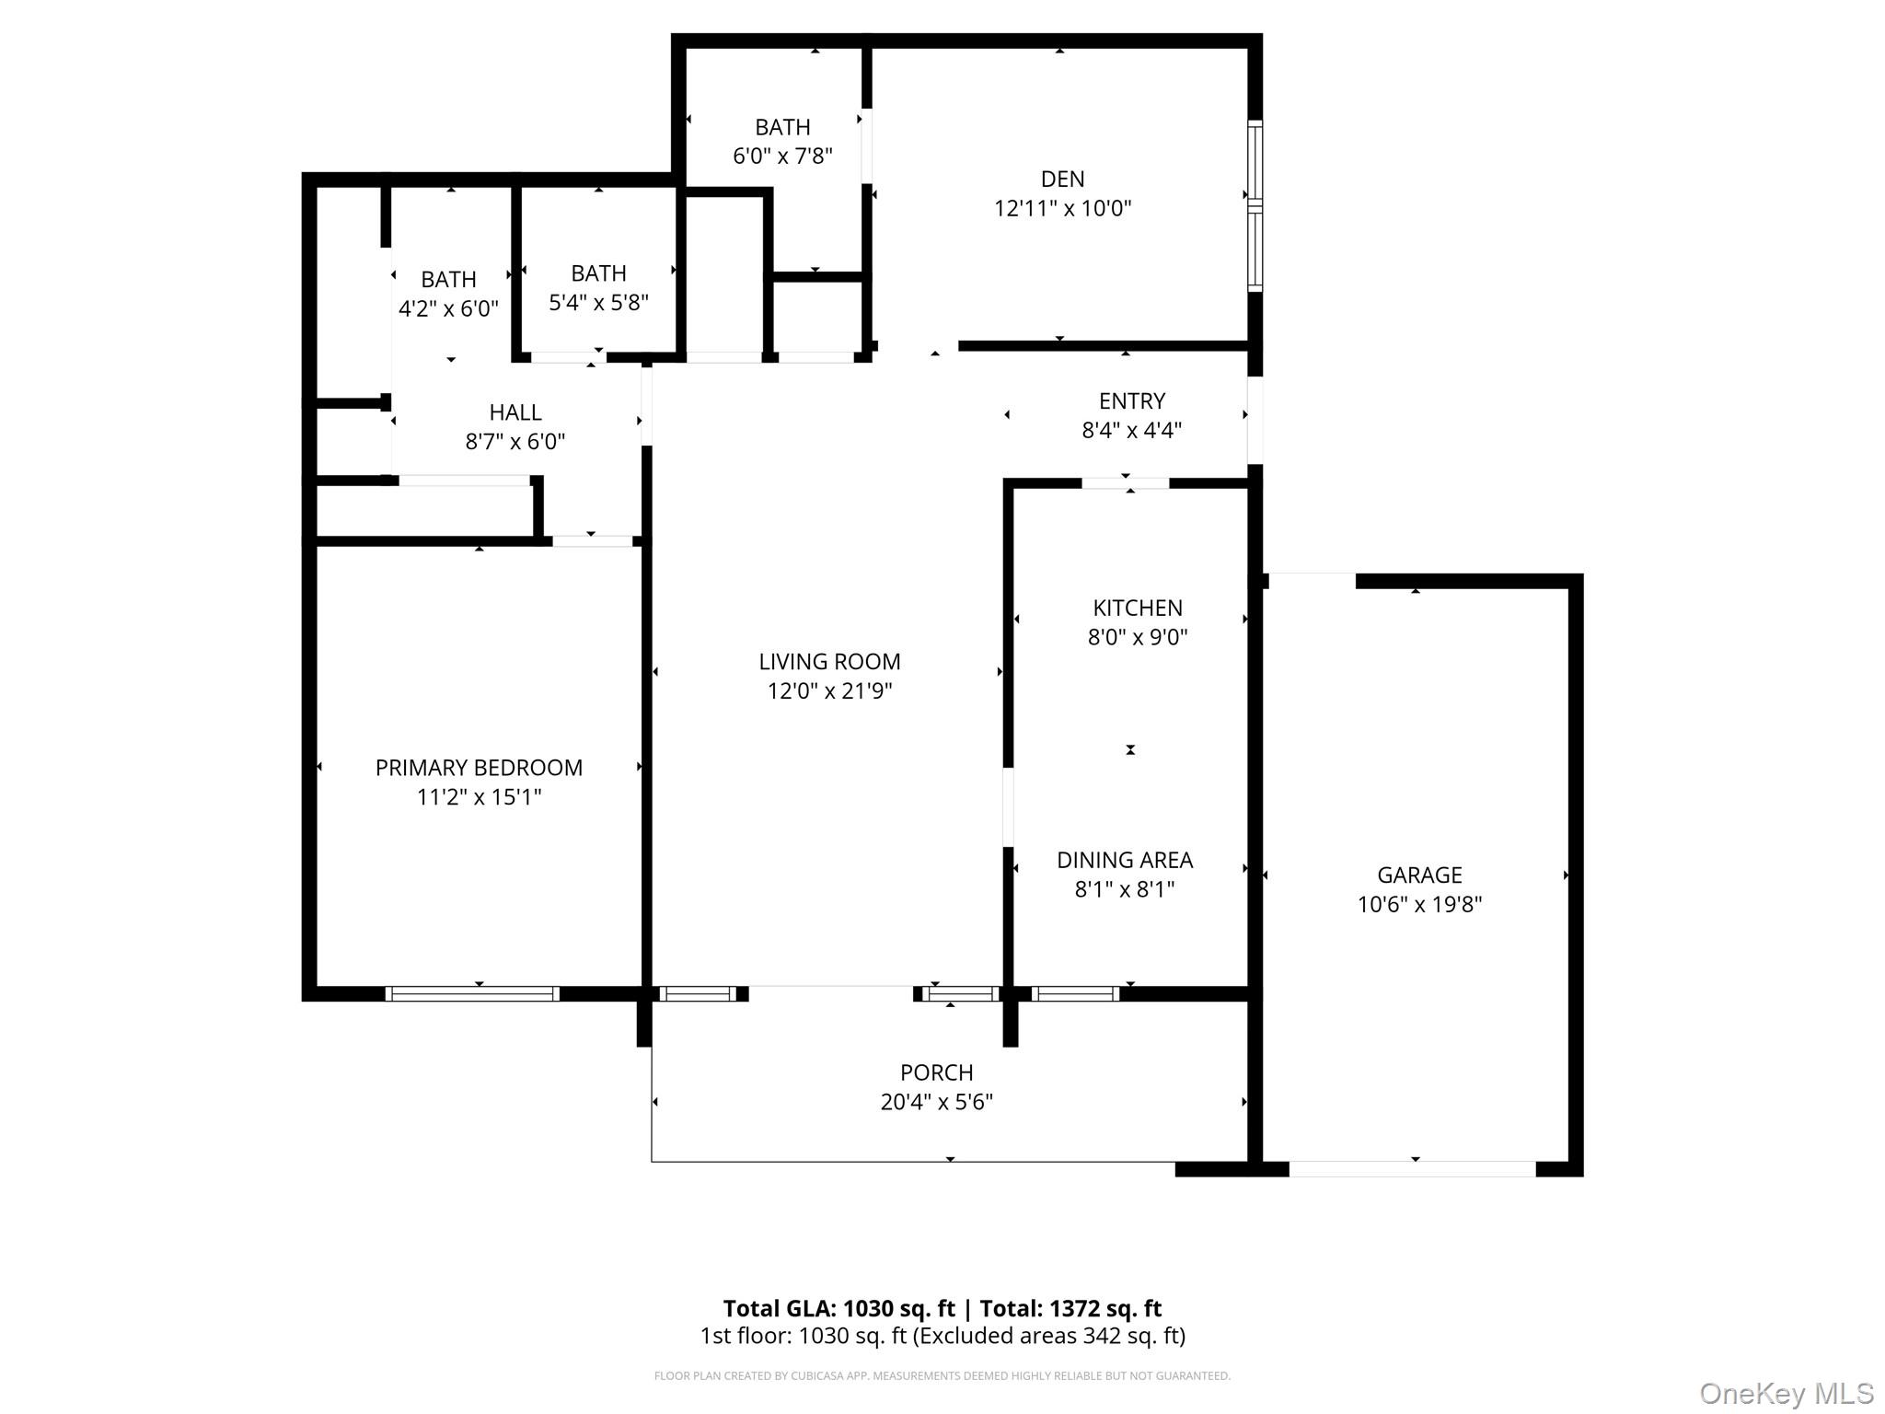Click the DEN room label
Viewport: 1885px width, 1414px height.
pos(1062,179)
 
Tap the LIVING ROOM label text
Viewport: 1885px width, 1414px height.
pos(829,661)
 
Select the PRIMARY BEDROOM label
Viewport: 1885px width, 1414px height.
pos(479,768)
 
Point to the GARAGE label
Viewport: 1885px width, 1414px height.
pos(1419,875)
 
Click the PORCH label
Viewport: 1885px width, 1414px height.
pos(936,1072)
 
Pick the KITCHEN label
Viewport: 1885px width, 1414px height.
pos(1138,608)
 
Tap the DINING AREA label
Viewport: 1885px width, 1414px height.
pos(1125,860)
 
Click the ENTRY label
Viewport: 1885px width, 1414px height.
pos(1132,400)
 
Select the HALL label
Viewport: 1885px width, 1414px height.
pos(515,411)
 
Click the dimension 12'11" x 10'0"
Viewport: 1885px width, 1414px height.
pos(1062,208)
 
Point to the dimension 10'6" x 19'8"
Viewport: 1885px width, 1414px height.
pos(1419,904)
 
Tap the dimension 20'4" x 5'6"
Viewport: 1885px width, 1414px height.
pos(936,1102)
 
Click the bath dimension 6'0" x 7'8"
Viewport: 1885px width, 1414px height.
pos(782,156)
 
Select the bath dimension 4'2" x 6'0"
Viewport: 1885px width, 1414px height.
pos(448,308)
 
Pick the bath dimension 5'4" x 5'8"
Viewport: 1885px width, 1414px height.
pos(598,302)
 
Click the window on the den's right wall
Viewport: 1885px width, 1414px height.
pos(1255,205)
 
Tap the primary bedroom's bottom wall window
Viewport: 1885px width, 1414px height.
pos(472,993)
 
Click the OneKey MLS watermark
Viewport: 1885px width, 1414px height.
pos(1787,1393)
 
